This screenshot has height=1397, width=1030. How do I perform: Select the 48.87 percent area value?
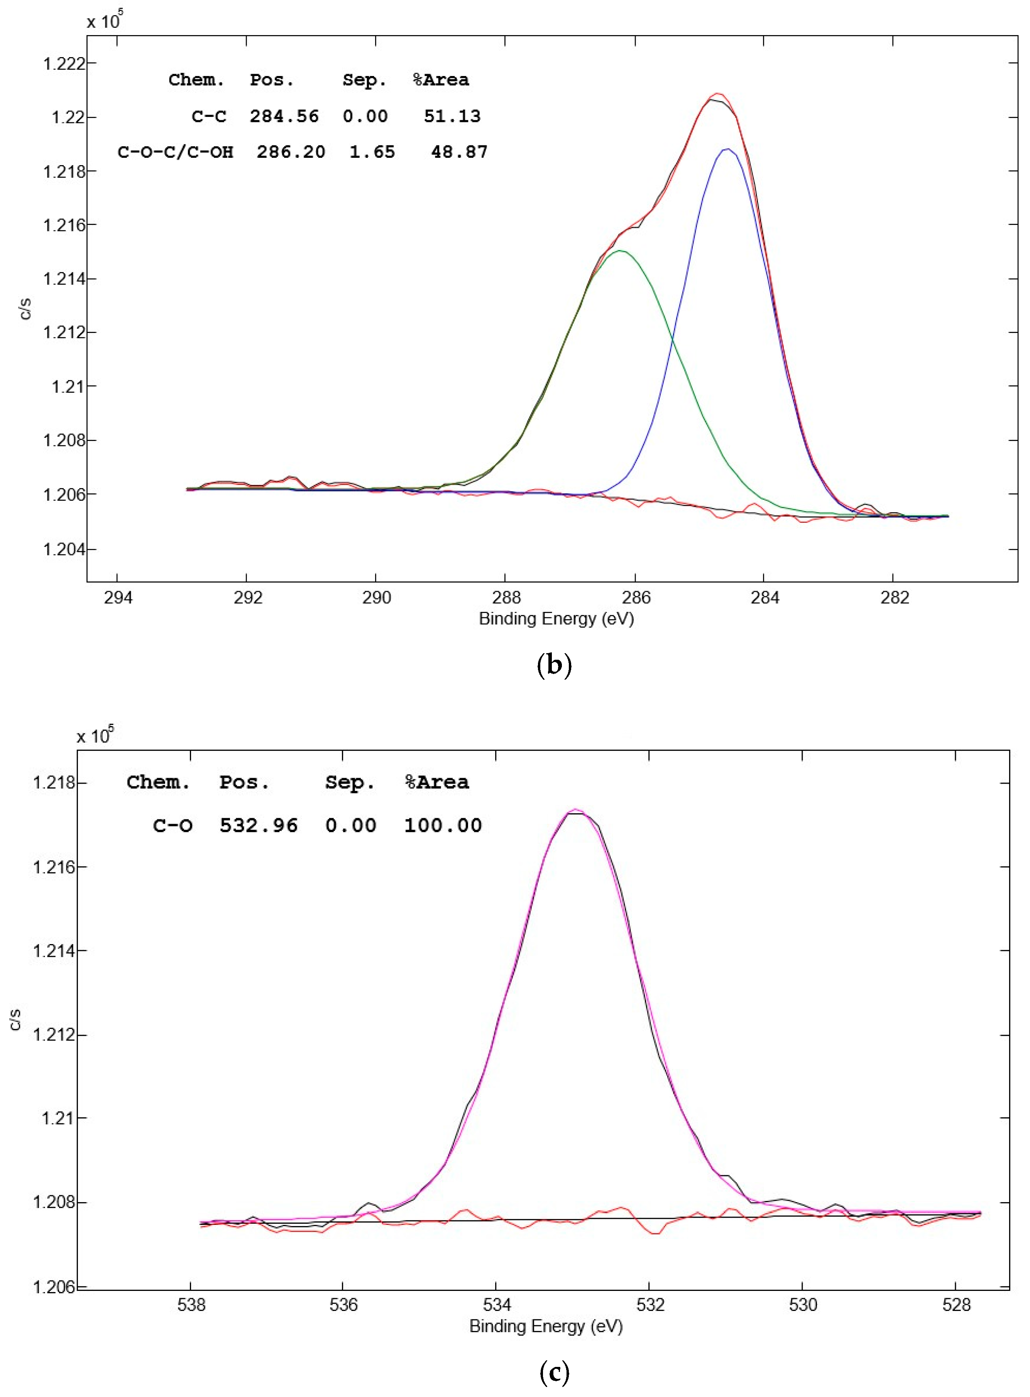coord(459,152)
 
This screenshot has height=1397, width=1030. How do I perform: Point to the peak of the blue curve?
coord(727,149)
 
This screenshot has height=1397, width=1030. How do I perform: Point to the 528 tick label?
coord(956,1305)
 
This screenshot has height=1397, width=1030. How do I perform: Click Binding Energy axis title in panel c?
coord(546,1326)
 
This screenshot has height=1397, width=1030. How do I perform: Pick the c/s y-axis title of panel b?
coord(25,309)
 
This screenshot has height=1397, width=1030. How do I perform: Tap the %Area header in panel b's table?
coord(441,80)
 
